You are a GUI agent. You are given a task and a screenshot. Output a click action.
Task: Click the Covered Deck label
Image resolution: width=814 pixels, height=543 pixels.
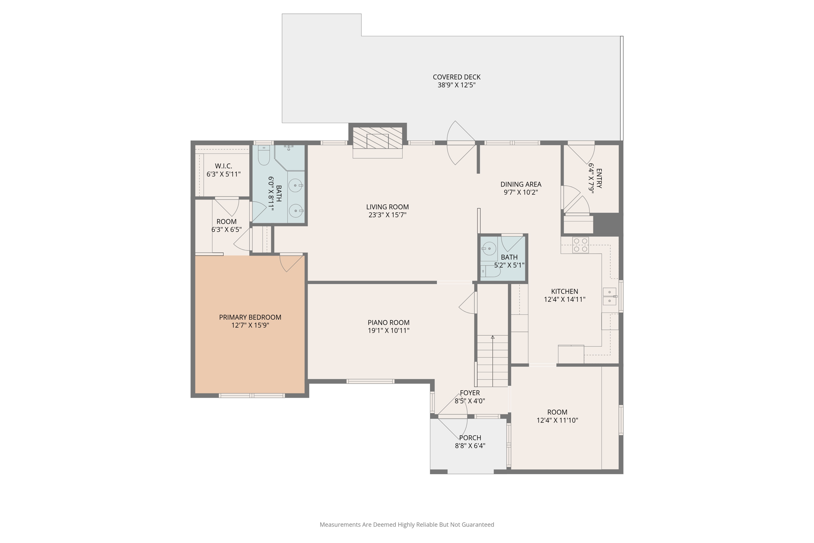pos(456,77)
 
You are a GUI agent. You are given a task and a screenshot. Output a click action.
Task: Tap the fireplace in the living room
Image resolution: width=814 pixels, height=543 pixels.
pos(378,141)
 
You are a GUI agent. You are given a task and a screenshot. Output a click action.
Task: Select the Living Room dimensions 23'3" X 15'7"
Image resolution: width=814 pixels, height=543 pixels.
pos(387,215)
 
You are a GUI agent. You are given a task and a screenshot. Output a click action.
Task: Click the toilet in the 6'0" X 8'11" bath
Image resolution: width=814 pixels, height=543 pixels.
pos(264,156)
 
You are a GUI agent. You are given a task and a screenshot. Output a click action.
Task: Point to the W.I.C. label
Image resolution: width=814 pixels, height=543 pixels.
pos(223,166)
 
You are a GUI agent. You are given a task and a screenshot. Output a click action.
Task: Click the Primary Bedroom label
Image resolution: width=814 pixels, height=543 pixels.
pos(250,317)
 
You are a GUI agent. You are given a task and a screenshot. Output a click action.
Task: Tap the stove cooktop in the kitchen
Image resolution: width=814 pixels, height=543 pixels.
pos(580,245)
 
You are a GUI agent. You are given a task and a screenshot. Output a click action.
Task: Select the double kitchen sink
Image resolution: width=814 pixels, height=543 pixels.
pos(609,297)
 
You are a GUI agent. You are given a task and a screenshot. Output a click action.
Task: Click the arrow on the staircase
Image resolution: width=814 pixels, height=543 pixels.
pos(492,337)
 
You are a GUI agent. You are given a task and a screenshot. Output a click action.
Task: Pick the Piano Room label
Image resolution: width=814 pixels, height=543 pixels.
pos(388,322)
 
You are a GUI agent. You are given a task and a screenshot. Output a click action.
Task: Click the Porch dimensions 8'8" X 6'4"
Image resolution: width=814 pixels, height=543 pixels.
pos(470,446)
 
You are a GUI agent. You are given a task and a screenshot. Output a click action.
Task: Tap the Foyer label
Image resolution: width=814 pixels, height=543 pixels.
pos(470,393)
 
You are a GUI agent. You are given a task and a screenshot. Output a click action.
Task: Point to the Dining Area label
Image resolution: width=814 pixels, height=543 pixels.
pos(521,184)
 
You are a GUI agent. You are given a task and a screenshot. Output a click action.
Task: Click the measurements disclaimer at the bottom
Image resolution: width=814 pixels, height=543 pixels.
pos(407,525)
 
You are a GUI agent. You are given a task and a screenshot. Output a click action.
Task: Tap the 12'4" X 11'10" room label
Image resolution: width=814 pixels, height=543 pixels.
pos(557,412)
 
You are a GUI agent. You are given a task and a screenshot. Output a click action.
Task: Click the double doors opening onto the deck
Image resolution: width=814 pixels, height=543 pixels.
pos(461,143)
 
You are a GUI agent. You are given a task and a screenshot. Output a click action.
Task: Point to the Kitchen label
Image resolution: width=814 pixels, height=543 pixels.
pos(564,291)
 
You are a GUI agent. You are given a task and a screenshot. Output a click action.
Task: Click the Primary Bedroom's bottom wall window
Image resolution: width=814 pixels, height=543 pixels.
pos(252,396)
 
